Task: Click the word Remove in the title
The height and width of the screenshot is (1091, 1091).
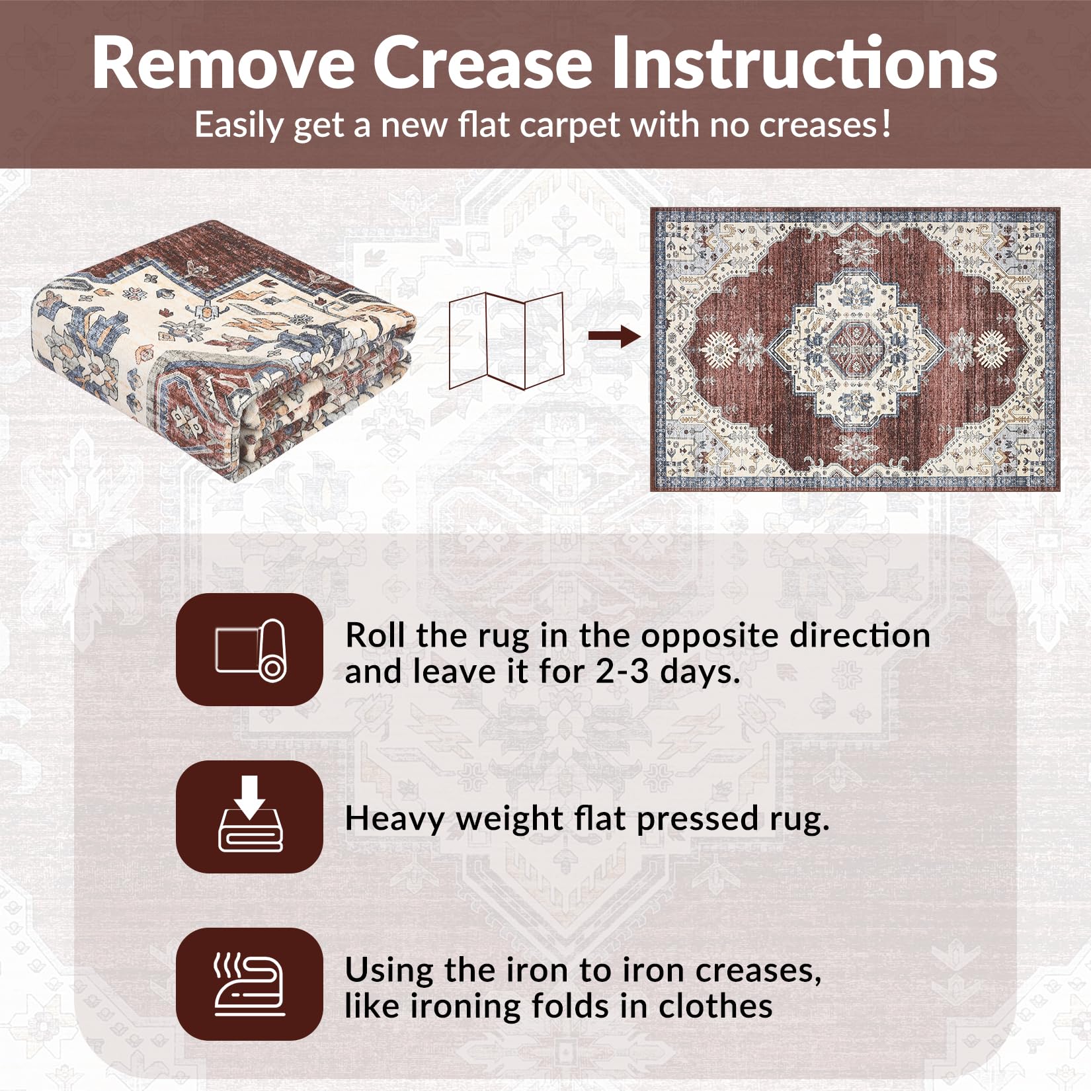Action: click(x=223, y=63)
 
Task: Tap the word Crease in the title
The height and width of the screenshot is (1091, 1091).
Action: click(x=482, y=63)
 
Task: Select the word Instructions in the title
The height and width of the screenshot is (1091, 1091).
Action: click(x=803, y=63)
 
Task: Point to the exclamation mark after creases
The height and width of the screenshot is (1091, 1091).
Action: click(x=886, y=124)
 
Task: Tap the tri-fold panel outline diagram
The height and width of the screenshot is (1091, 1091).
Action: click(x=506, y=340)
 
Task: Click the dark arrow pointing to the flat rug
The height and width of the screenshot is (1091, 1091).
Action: click(x=614, y=337)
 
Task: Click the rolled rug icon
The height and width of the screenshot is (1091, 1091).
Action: click(x=250, y=650)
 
